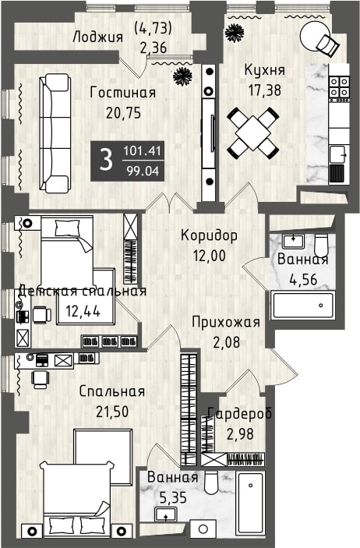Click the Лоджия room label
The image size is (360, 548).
(x=97, y=37)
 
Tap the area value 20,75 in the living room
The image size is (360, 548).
(x=123, y=113)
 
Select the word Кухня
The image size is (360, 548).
(x=265, y=70)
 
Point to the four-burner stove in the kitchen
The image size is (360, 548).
(x=340, y=87)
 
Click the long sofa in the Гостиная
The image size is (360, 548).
(x=55, y=133)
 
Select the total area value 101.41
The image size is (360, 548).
(x=142, y=151)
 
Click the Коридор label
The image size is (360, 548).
(x=209, y=235)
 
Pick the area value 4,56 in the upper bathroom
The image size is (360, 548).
(x=303, y=279)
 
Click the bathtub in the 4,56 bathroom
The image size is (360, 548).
(x=303, y=306)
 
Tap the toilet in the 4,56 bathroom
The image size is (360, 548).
(x=321, y=245)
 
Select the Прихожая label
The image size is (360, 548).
(x=226, y=322)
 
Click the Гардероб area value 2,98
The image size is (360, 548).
(x=240, y=434)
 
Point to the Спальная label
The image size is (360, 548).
(x=112, y=391)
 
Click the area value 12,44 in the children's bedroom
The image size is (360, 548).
(x=83, y=311)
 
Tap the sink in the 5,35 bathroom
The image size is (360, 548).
(x=165, y=514)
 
